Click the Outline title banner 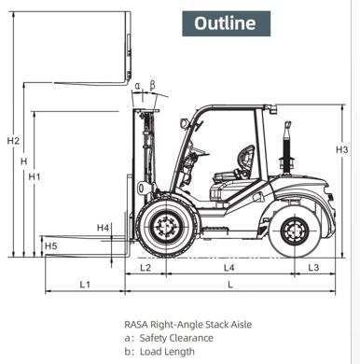pyautogui.click(x=225, y=21)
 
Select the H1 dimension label pyautogui.click(x=35, y=176)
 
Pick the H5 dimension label pyautogui.click(x=50, y=246)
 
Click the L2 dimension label pyautogui.click(x=145, y=268)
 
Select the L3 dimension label pyautogui.click(x=313, y=268)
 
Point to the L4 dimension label pyautogui.click(x=229, y=268)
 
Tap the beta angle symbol pyautogui.click(x=153, y=85)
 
